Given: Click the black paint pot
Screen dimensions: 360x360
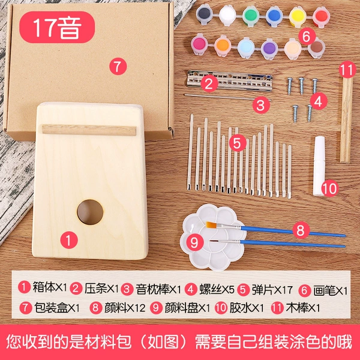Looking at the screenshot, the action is tap(204, 15).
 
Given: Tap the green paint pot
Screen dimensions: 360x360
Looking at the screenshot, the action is tap(250, 16).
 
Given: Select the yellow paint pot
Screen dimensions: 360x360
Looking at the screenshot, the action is tap(298, 16).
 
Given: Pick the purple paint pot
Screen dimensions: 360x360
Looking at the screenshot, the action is tap(269, 49).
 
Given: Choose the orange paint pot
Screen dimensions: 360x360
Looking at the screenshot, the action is tap(223, 46).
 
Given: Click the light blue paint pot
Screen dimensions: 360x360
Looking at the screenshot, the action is tap(246, 47).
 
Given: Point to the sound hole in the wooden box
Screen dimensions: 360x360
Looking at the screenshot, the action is tap(90, 212).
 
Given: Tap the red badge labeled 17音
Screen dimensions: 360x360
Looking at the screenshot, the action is tap(57, 27).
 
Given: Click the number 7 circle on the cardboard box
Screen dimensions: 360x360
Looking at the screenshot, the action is tap(118, 66).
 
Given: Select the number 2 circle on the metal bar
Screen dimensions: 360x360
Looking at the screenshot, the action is tap(209, 83).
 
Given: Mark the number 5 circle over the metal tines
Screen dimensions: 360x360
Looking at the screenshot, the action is tap(238, 143).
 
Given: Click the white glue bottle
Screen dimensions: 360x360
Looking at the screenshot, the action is tap(319, 166).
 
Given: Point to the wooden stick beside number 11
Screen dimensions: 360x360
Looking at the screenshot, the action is tap(346, 119).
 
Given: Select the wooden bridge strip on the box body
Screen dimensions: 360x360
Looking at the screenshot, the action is tap(89, 130).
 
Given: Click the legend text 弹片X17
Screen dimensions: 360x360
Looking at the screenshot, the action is tap(272, 290).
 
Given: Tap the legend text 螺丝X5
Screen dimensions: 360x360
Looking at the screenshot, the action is tap(217, 289).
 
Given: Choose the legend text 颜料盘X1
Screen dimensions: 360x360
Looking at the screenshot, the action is tap(187, 308).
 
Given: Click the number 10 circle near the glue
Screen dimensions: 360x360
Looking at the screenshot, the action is tap(330, 188).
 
